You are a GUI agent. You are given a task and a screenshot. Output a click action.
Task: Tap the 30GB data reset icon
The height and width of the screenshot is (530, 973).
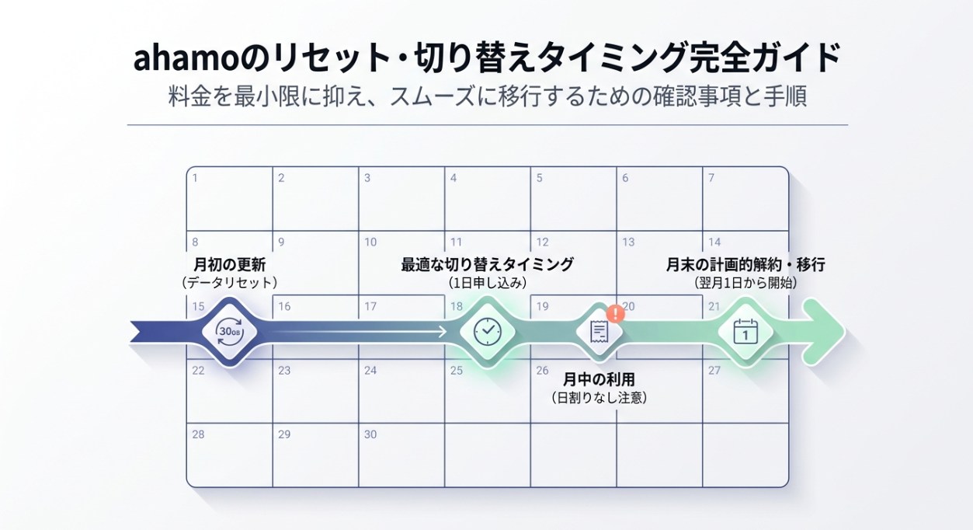pyautogui.click(x=230, y=331)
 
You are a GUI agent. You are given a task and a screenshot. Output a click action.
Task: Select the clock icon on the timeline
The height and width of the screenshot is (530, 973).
pyautogui.click(x=487, y=331)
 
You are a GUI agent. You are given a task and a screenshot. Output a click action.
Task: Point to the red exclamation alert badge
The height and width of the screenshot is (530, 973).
pyautogui.click(x=616, y=313)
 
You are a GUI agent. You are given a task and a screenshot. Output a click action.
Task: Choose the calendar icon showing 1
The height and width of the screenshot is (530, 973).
pyautogui.click(x=745, y=332)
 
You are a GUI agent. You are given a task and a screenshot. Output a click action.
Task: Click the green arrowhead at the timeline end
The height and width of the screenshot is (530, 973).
pyautogui.click(x=825, y=332)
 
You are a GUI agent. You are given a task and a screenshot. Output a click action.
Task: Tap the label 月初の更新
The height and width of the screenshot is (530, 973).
pyautogui.click(x=230, y=264)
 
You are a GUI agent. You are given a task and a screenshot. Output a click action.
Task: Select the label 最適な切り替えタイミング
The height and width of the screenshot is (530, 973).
pyautogui.click(x=487, y=264)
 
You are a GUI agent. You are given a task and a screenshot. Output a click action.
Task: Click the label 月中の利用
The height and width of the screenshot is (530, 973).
pyautogui.click(x=599, y=380)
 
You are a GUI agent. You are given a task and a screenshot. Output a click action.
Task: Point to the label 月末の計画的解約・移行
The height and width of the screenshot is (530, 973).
pyautogui.click(x=745, y=264)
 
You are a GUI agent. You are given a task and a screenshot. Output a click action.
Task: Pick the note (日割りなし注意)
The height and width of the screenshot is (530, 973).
pyautogui.click(x=599, y=398)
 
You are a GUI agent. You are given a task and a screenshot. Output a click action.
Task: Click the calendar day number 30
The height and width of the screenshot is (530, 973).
pyautogui.click(x=370, y=434)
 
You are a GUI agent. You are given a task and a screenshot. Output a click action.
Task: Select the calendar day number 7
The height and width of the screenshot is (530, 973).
pyautogui.click(x=711, y=178)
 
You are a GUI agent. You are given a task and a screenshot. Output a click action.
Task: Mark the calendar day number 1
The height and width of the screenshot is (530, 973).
pyautogui.click(x=195, y=178)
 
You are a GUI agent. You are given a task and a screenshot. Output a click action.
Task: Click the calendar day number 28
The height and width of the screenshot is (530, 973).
pyautogui.click(x=198, y=434)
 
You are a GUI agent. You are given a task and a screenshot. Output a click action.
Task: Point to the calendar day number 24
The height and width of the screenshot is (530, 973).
pyautogui.click(x=370, y=371)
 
